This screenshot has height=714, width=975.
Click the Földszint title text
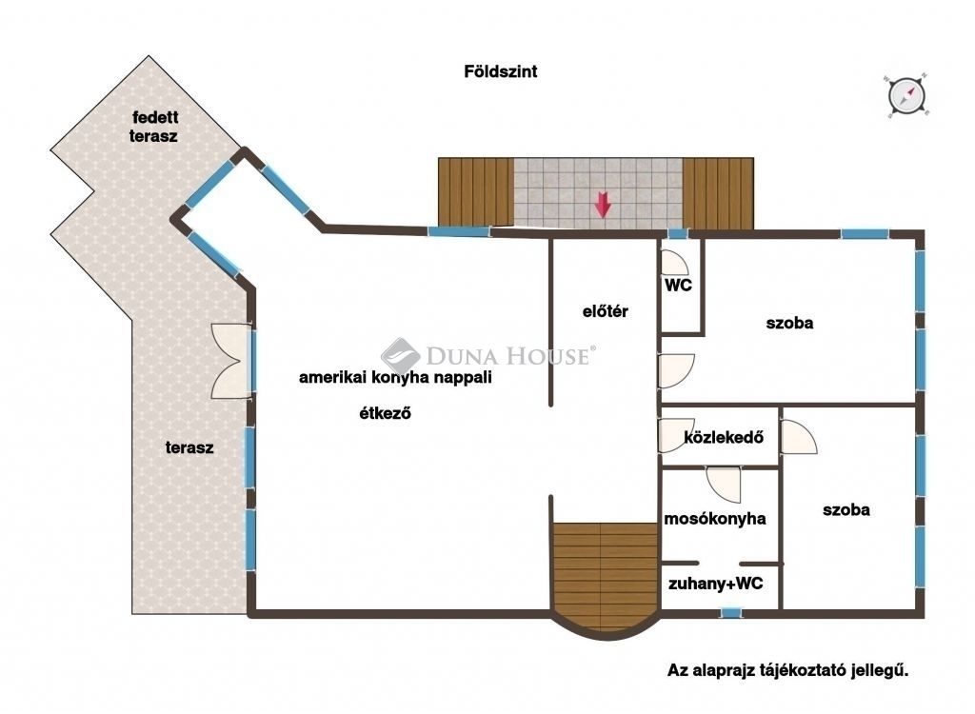501,71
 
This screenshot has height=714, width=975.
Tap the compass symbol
906,96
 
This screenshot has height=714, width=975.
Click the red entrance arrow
602,205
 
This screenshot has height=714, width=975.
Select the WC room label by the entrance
678,286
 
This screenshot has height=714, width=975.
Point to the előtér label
605,311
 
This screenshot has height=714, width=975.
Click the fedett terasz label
154,127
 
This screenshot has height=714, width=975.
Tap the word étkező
385,413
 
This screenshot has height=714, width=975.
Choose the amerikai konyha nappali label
395,378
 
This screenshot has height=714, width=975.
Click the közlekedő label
724,437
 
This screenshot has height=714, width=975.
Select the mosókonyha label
715,519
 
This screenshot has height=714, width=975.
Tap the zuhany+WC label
716,584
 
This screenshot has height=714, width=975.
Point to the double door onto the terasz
232,361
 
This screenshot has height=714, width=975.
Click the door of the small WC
675,263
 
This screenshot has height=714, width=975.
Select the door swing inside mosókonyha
725,484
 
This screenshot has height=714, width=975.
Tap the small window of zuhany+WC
731,613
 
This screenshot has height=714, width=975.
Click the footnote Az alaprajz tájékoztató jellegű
787,670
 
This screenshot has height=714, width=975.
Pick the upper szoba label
789,323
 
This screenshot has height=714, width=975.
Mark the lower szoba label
846,510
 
